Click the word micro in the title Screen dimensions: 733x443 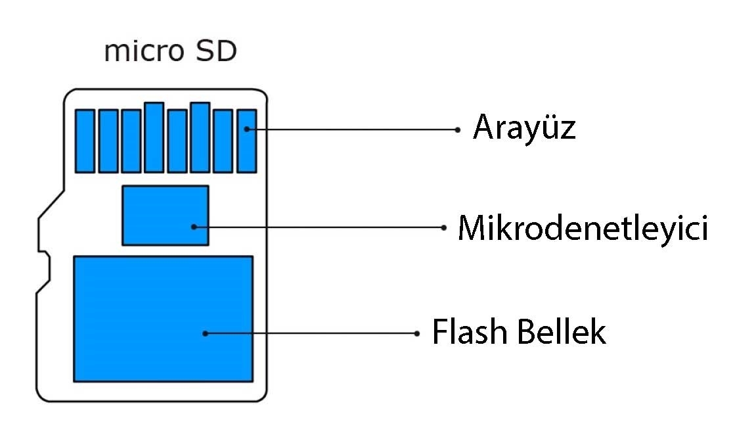[144, 51]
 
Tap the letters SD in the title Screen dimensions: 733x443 [216, 51]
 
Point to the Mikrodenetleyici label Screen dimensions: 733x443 [583, 228]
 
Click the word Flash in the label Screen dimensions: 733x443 [470, 331]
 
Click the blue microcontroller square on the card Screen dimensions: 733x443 [166, 215]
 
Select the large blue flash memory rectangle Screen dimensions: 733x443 [163, 319]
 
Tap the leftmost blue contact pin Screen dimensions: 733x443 [85, 141]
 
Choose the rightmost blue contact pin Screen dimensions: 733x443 [247, 141]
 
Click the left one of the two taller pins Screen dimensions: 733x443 [154, 137]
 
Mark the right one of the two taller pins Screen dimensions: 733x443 [200, 137]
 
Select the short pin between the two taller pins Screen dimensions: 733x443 [177, 141]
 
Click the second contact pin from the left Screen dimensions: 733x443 [108, 141]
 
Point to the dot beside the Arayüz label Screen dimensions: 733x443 [458, 129]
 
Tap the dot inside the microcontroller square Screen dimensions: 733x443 [194, 227]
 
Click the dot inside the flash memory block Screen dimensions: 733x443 [205, 333]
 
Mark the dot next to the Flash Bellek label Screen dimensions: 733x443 [416, 333]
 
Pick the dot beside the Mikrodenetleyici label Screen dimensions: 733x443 [443, 227]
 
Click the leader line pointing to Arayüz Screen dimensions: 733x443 [353, 129]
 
